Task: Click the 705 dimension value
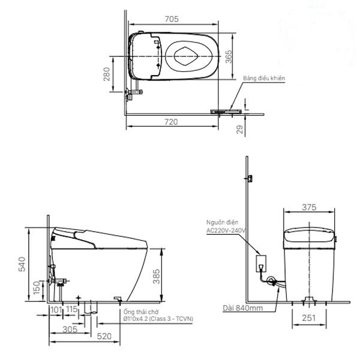tap(173, 19)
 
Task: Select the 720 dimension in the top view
tap(172, 122)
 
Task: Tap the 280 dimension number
tap(107, 74)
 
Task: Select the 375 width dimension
tap(310, 207)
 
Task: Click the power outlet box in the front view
tap(262, 263)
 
